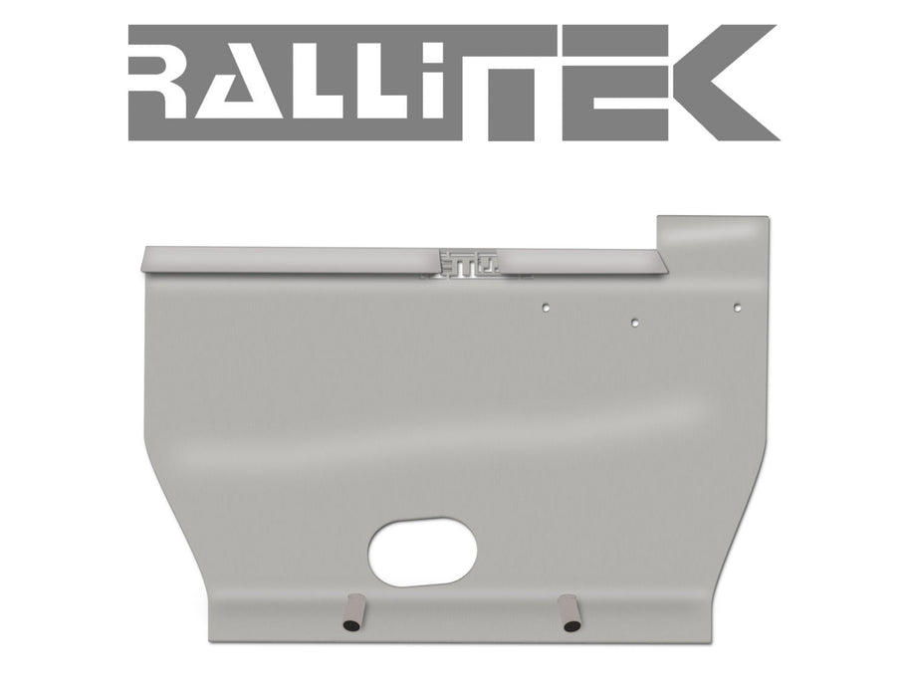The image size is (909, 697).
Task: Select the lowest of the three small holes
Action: [634, 322]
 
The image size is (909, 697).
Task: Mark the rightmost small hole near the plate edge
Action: [736, 308]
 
